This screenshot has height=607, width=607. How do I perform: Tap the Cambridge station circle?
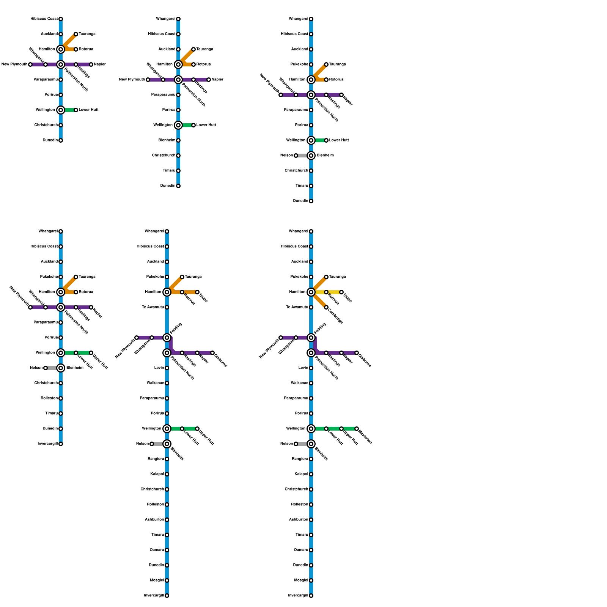[x=326, y=307]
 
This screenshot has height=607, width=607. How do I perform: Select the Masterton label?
[x=365, y=437]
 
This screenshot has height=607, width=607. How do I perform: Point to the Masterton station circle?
[x=357, y=429]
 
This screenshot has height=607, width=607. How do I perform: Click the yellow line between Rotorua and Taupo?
[x=334, y=292]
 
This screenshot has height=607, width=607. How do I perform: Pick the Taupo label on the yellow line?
[x=347, y=298]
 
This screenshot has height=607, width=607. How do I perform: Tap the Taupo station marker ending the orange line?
[x=197, y=292]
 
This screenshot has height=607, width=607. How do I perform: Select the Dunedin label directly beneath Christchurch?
[x=50, y=140]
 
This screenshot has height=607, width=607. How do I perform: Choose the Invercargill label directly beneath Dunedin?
[x=48, y=444]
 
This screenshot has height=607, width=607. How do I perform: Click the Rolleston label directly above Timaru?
[x=49, y=398]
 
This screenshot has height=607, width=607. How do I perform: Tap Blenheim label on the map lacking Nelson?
[x=167, y=140]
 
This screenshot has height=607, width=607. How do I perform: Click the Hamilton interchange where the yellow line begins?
[x=311, y=292]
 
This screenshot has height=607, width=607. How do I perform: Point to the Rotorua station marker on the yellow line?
[x=326, y=292]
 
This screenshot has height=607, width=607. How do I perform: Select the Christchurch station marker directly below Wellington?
[x=61, y=125]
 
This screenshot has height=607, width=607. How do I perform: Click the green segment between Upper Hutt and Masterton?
[x=349, y=429]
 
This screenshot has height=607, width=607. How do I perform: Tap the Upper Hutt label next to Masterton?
[x=350, y=437]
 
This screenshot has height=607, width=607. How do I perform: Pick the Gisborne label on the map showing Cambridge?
[x=365, y=360]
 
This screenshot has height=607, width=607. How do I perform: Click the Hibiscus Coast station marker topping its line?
[x=61, y=19]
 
